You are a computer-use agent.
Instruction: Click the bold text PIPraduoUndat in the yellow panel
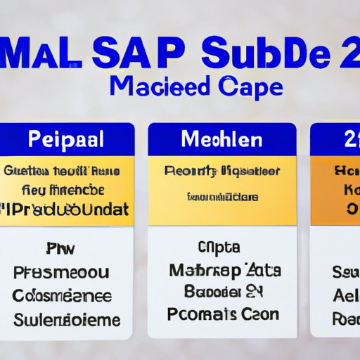point(67,208)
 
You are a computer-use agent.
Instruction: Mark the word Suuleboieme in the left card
point(66,319)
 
